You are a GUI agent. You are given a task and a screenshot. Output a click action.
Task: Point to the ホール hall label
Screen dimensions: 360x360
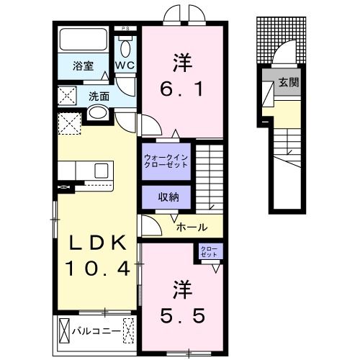pyautogui.click(x=193, y=227)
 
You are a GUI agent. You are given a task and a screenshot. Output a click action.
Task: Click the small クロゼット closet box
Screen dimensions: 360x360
pyautogui.click(x=211, y=252)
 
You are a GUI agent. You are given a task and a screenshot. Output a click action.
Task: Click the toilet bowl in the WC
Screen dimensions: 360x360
pyautogui.click(x=126, y=49)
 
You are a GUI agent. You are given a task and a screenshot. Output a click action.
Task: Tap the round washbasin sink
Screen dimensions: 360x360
pyautogui.click(x=97, y=113)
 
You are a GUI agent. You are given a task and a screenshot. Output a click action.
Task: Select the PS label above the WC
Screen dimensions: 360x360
pyautogui.click(x=127, y=29)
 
